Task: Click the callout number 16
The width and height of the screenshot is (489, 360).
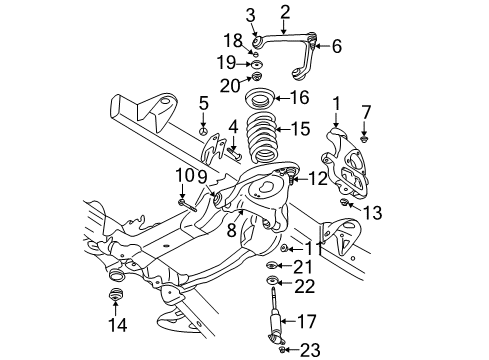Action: pyautogui.click(x=301, y=97)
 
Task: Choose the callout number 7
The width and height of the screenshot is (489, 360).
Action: pyautogui.click(x=366, y=110)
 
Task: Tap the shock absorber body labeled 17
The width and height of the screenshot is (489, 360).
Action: pyautogui.click(x=274, y=320)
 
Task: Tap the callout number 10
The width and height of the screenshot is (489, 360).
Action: pyautogui.click(x=182, y=175)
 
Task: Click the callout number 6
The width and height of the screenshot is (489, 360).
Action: pyautogui.click(x=336, y=45)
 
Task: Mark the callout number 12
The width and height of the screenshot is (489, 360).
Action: pyautogui.click(x=318, y=180)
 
